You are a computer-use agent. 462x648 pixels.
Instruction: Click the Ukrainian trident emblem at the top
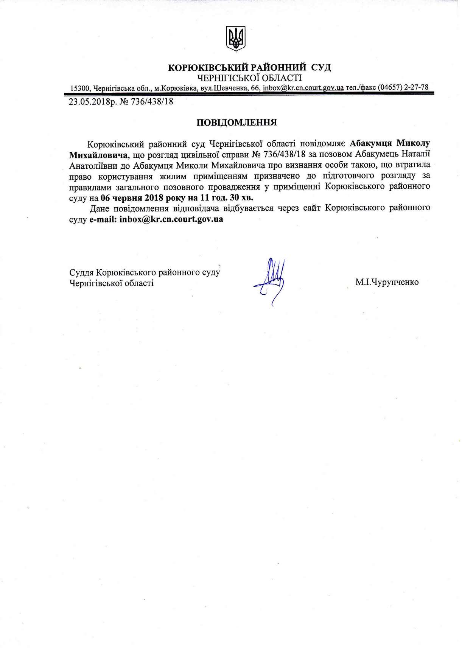point(235,38)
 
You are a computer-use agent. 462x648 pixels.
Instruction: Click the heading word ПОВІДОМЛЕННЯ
point(236,123)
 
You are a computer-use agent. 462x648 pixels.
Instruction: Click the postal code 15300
point(79,88)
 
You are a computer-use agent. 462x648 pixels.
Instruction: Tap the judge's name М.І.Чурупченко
point(387,282)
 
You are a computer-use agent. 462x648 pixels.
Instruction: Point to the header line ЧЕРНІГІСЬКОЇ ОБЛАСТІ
point(250,78)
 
